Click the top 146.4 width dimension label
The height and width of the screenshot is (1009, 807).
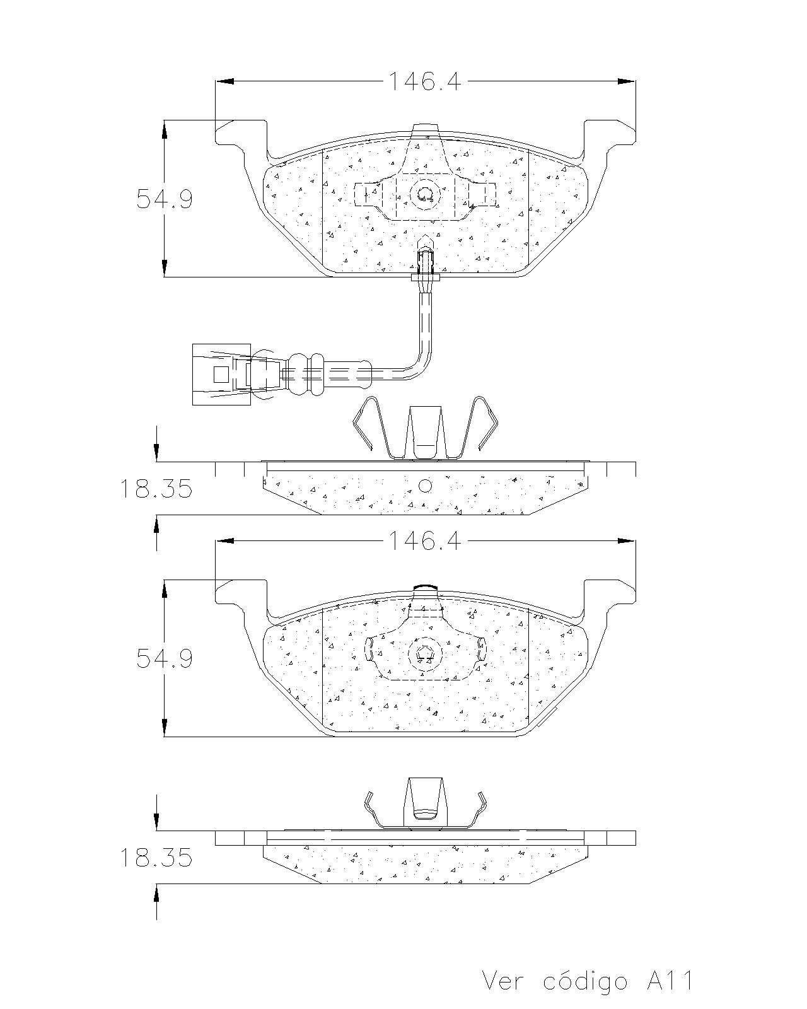tap(424, 81)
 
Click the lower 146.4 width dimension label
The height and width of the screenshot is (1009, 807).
tap(424, 541)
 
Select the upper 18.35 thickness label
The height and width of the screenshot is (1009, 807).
tap(156, 489)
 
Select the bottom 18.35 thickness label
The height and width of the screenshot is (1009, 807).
tap(156, 858)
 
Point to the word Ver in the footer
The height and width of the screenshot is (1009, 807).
tap(504, 981)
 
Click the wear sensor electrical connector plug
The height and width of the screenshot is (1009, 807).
tap(221, 375)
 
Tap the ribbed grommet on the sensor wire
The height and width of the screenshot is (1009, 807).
tap(306, 375)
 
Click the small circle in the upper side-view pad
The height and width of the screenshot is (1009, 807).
tap(425, 486)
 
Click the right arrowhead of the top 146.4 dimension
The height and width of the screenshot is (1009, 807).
tap(626, 81)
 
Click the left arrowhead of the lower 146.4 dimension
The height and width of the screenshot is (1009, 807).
tap(225, 541)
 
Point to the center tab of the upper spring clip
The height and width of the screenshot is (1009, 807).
tap(425, 432)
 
